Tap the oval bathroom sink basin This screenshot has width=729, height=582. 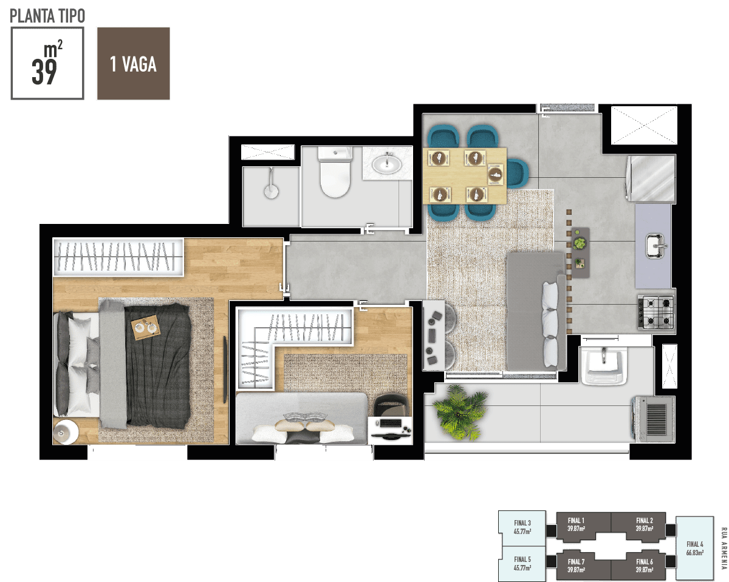click(x=387, y=164)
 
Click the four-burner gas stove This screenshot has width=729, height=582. click(x=656, y=312)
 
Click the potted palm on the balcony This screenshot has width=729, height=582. click(x=459, y=413)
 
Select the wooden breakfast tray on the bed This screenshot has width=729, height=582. click(x=146, y=327)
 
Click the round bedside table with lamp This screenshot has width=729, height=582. click(x=65, y=431)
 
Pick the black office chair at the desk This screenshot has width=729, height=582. click(x=391, y=404)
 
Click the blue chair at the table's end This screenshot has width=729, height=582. click(x=517, y=173)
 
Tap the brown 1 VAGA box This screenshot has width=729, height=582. click(x=134, y=64)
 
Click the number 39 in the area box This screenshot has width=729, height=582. click(x=44, y=72)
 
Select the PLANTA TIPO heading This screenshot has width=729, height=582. click(x=47, y=16)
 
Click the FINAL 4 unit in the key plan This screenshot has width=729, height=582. click(x=695, y=548)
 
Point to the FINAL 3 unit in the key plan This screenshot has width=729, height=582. click(x=522, y=527)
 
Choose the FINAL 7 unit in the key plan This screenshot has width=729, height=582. click(x=577, y=566)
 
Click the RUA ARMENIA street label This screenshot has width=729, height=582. click(x=724, y=548)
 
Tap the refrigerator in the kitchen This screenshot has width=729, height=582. click(x=651, y=178)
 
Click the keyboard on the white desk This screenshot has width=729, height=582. click(x=390, y=423)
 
